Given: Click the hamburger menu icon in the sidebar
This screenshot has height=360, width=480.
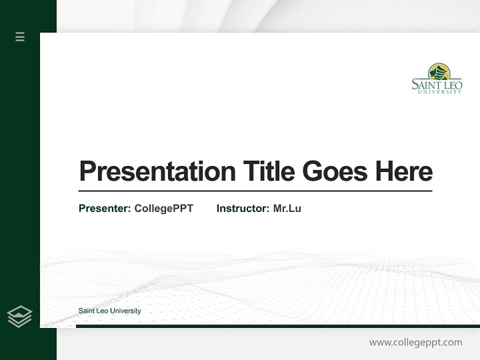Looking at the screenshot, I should [x=20, y=36].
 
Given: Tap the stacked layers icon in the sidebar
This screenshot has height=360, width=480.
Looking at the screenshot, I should [x=20, y=316].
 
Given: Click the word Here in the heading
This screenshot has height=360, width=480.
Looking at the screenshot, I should [x=404, y=171].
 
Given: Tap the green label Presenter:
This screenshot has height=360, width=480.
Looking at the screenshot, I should [x=104, y=208].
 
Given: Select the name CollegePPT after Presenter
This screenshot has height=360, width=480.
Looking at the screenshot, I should [x=163, y=208].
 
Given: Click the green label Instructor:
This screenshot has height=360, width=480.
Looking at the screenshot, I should [x=242, y=208].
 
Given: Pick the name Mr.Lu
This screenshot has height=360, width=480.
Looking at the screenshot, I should [x=287, y=208].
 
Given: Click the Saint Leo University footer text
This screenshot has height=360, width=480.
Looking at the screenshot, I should [x=109, y=311].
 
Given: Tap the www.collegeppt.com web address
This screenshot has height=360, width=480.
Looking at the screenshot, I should [x=415, y=342].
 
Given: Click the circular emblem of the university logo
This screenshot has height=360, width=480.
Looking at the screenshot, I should [x=439, y=71].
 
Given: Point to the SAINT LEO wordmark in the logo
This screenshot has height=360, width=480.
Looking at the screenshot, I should [x=436, y=85].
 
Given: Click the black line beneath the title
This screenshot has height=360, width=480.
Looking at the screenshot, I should [x=255, y=191].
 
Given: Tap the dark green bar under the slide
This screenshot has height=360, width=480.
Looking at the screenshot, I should [x=277, y=326].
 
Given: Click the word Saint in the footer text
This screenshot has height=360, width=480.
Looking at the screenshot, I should [x=86, y=311].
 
